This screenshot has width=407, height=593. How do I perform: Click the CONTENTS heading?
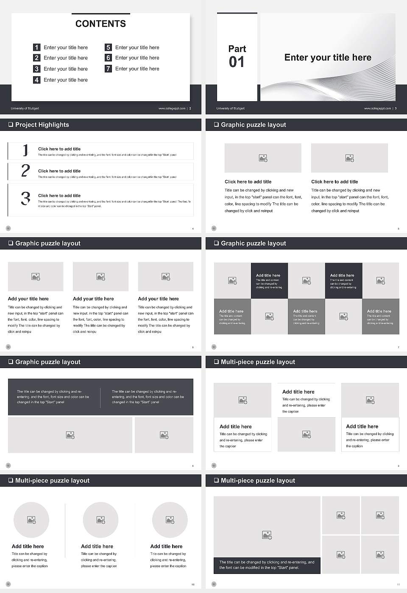tap(100, 24)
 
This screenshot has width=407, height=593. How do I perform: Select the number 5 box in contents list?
tap(108, 47)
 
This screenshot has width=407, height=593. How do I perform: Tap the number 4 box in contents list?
tap(37, 80)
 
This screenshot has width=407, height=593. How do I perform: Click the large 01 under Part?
tap(237, 62)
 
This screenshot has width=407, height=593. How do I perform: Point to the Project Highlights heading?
tap(42, 125)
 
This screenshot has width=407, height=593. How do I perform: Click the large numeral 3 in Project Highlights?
tap(25, 198)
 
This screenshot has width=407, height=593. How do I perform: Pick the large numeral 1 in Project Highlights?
tap(25, 150)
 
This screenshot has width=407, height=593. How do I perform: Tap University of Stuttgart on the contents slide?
tap(25, 108)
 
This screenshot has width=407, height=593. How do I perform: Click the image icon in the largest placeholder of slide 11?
tap(267, 535)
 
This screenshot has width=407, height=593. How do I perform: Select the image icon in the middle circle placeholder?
tap(100, 520)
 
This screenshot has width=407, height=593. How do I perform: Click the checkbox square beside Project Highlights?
tap(11, 125)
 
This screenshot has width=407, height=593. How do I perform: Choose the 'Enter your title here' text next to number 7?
tap(137, 69)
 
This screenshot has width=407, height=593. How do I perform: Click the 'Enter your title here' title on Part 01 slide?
tap(328, 58)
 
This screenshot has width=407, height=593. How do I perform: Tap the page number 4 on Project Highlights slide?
tap(193, 229)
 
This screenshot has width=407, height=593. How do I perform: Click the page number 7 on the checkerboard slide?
tap(399, 347)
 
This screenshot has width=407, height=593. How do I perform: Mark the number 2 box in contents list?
tap(37, 58)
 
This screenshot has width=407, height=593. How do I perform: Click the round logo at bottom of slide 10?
tap(8, 584)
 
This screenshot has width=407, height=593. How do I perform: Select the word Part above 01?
tap(237, 49)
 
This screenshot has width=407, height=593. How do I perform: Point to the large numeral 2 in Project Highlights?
tap(25, 171)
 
